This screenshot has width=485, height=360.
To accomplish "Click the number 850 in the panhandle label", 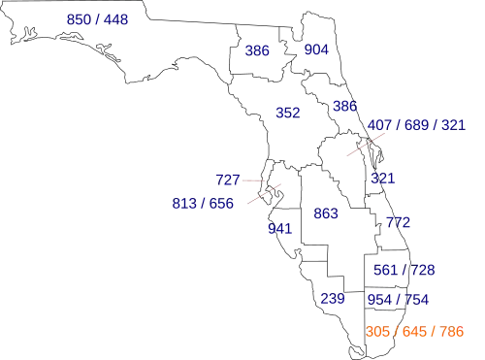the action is pos(79,19).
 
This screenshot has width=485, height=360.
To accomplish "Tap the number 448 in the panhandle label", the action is pos(115,19).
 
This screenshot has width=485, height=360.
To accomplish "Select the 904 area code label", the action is pos(316,49).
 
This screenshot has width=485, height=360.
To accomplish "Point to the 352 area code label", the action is pos(288,113).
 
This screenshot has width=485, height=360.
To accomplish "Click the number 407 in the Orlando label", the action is pos(379,125).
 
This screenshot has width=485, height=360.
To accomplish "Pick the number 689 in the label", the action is pos(416,125).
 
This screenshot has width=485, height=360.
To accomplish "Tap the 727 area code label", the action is pos(228,180).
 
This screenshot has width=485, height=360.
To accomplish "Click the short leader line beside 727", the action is pos(253,180).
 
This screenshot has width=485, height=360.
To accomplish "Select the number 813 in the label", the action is pos(184,204).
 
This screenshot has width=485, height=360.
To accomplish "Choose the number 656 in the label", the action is pos(221,204).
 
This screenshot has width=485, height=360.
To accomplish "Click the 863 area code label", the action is pos(326,213).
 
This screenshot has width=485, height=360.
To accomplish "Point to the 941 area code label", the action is pos(280,229).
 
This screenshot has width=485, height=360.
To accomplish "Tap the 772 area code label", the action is pos(399,222).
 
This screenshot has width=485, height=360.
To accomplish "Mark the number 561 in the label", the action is pos(385,270).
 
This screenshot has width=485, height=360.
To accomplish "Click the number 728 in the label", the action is pos(423,270).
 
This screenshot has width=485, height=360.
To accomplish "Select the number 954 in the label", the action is pos(379,300).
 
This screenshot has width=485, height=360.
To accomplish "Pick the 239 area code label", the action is pos(333,299).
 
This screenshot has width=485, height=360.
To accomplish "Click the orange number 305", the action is pos(377,332).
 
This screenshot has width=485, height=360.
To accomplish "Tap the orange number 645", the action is pos(414,332).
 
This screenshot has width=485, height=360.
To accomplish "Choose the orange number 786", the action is pos(452,332).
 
